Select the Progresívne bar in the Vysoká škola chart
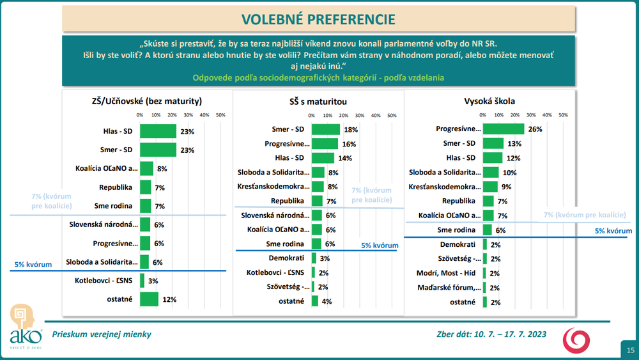(x=503, y=129)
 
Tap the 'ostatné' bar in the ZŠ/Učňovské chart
(x=149, y=299)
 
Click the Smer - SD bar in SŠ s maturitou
(x=325, y=129)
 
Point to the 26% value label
(x=535, y=129)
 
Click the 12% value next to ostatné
(x=169, y=299)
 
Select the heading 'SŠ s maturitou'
(x=318, y=101)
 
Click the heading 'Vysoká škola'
(x=489, y=101)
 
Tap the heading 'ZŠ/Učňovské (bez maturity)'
(x=147, y=101)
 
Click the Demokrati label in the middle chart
(x=290, y=258)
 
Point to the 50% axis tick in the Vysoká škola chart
(x=563, y=115)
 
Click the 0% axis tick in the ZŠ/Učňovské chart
(x=140, y=115)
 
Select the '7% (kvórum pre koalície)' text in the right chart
(x=584, y=215)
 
